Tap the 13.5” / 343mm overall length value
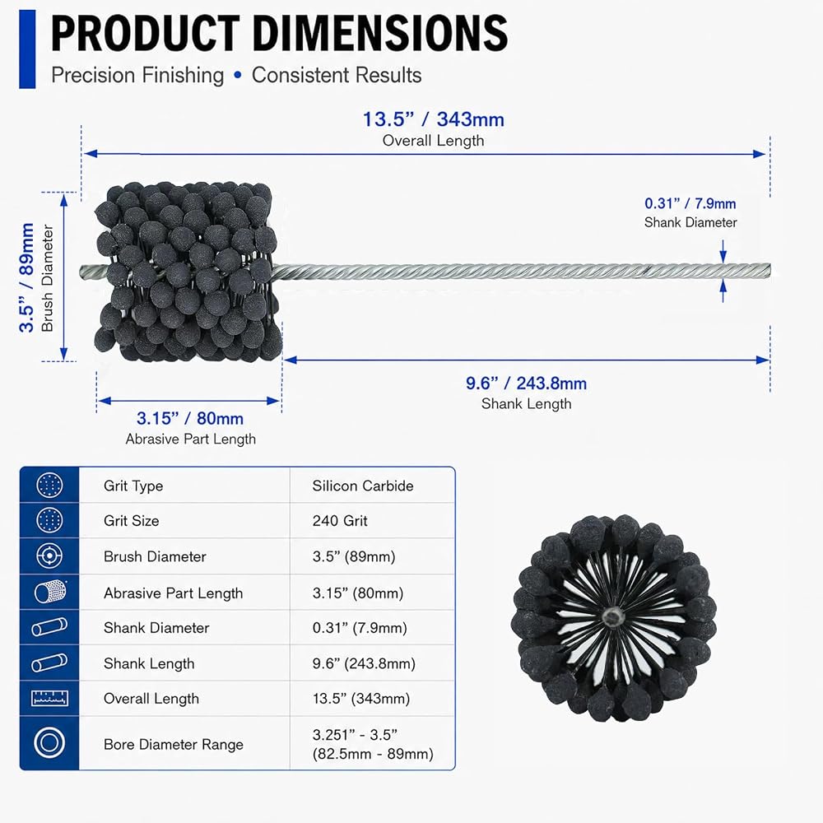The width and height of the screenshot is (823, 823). pyautogui.click(x=434, y=119)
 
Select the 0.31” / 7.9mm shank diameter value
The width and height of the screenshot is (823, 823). pyautogui.click(x=690, y=203)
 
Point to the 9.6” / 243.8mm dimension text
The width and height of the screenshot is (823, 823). pyautogui.click(x=526, y=384)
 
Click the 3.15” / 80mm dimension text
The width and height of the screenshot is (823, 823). pyautogui.click(x=190, y=418)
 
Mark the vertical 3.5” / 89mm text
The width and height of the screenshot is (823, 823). pyautogui.click(x=26, y=277)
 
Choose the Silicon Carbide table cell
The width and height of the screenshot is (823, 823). pyautogui.click(x=363, y=486)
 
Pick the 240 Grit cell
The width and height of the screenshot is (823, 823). pyautogui.click(x=340, y=521)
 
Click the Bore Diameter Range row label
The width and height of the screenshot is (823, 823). pyautogui.click(x=173, y=744)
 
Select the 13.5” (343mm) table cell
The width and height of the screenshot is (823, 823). pyautogui.click(x=361, y=699)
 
